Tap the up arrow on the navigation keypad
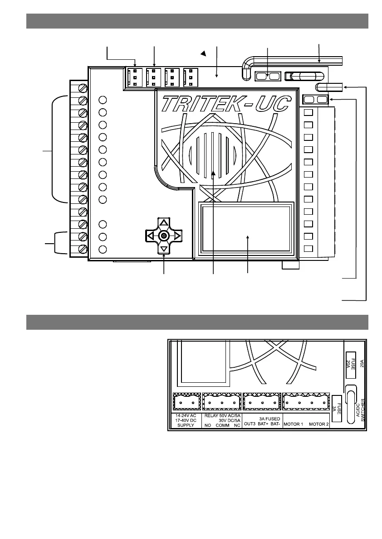tap(164, 222)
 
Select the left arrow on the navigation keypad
tap(150, 236)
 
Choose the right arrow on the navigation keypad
tap(177, 236)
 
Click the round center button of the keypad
tap(164, 236)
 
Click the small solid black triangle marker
tap(204, 53)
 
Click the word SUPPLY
tap(186, 425)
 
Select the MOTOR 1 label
tap(294, 424)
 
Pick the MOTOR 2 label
tap(319, 424)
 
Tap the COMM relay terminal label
tap(222, 425)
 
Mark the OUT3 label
tap(250, 424)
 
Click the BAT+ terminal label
tap(263, 424)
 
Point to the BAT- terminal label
tap(275, 424)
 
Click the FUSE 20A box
tap(351, 364)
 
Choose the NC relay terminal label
tap(237, 425)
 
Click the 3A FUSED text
tap(269, 419)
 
